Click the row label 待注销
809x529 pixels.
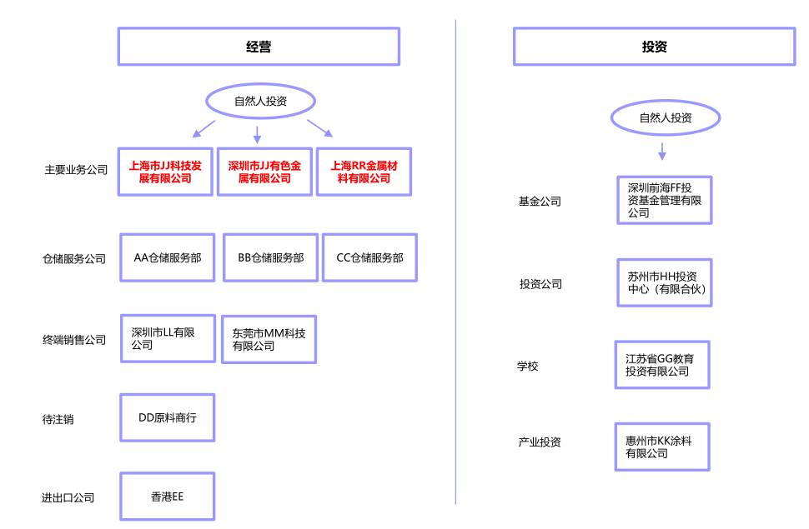click(x=58, y=419)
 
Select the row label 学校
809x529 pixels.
click(x=527, y=366)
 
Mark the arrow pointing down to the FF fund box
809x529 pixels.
click(x=662, y=152)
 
